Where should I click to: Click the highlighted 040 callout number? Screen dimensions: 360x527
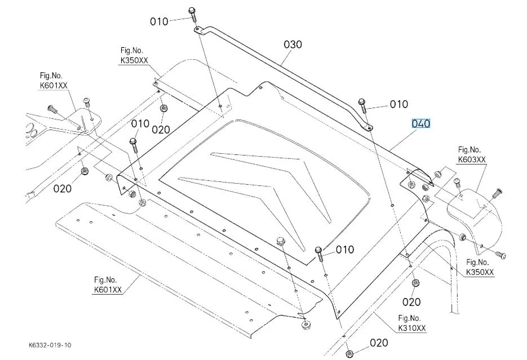(x=421, y=123)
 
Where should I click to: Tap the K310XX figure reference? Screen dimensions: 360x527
(x=412, y=327)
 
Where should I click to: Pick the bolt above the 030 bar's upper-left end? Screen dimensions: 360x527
(x=192, y=11)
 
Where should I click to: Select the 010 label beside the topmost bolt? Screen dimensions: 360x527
(x=159, y=21)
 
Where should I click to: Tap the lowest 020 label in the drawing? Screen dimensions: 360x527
(x=379, y=343)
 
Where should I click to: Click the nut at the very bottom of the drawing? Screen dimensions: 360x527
(x=349, y=354)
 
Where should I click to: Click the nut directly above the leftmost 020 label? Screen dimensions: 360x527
(x=85, y=170)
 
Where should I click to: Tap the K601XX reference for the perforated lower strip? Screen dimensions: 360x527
(x=108, y=290)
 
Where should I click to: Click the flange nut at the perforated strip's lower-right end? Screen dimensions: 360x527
(x=307, y=325)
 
